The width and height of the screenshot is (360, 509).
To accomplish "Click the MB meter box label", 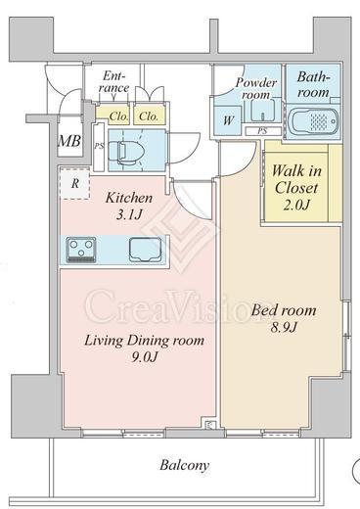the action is [69, 141].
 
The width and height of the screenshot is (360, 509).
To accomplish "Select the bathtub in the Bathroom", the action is [314, 122].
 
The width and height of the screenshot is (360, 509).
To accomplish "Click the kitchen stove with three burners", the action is [81, 250].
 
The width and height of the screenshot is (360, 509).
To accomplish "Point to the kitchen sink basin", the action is [146, 250].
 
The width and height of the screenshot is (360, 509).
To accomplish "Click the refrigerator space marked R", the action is [75, 183].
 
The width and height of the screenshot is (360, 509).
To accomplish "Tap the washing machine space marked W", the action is [228, 120].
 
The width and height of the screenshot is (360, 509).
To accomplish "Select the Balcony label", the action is [184, 465].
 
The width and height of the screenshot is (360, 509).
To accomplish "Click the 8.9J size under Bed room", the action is [284, 326].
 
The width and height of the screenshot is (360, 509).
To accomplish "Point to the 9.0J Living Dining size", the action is [144, 357].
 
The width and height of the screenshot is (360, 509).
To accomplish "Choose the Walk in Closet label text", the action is [296, 179].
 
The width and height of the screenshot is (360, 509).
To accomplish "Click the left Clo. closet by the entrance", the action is [112, 116].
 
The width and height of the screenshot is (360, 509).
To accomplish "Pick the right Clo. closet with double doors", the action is [149, 116].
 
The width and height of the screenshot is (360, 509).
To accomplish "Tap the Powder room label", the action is [256, 88].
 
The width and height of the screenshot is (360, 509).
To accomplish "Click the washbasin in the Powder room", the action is [264, 111].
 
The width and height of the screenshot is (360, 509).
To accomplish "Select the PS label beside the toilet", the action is [99, 146].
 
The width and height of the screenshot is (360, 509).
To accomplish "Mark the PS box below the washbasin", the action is [263, 131].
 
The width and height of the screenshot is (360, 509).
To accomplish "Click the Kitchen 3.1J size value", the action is [129, 214].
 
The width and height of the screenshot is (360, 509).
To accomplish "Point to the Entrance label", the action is [115, 82].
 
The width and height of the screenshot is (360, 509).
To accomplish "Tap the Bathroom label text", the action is [313, 85].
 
